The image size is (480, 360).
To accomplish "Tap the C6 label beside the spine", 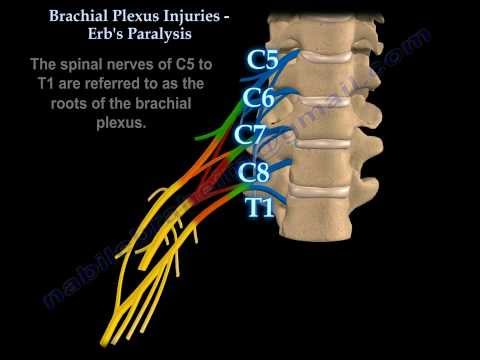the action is (258, 98).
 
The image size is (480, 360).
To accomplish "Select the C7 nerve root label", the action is (251, 134).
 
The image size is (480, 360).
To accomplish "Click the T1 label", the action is (260, 207).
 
